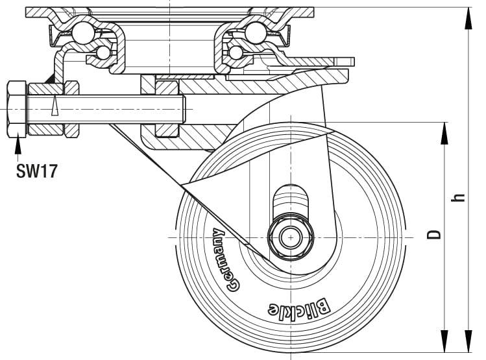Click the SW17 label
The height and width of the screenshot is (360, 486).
tap(36, 171)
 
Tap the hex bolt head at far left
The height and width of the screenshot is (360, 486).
tap(16, 108)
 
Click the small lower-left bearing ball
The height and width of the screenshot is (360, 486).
tap(103, 52)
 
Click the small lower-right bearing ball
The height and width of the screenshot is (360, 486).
tap(236, 52)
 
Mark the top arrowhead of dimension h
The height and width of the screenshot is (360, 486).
tap(467, 18)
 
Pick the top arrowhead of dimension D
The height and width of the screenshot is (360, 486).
tap(444, 132)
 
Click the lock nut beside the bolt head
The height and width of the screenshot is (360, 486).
tap(71, 108)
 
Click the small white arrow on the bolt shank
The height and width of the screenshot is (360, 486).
tap(55, 106)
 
